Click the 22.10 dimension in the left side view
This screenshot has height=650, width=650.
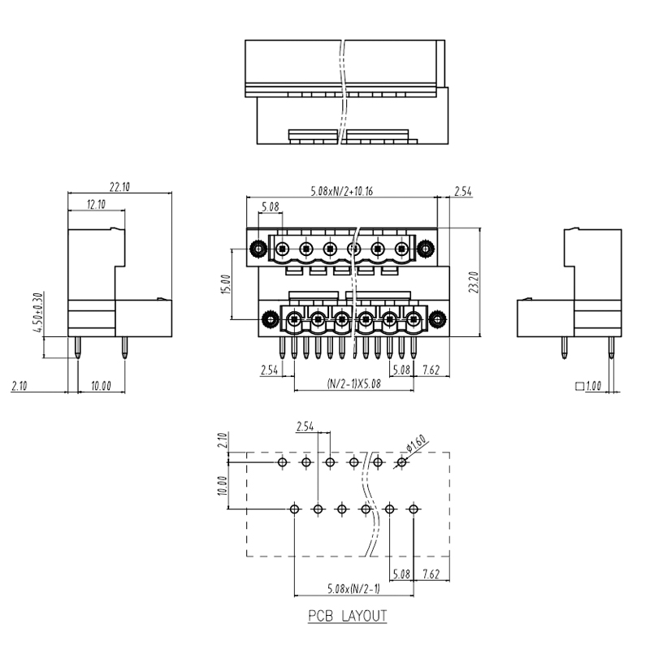(119, 187)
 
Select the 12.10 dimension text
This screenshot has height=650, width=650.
(96, 204)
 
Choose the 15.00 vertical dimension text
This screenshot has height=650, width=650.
(226, 284)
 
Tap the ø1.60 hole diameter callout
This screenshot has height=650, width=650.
(416, 446)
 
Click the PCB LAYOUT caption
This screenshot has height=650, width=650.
(347, 616)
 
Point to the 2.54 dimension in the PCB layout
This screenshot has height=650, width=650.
(305, 426)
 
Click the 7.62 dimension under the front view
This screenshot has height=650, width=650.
(432, 370)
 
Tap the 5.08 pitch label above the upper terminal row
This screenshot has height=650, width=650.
(270, 208)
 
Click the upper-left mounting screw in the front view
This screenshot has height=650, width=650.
(259, 249)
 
